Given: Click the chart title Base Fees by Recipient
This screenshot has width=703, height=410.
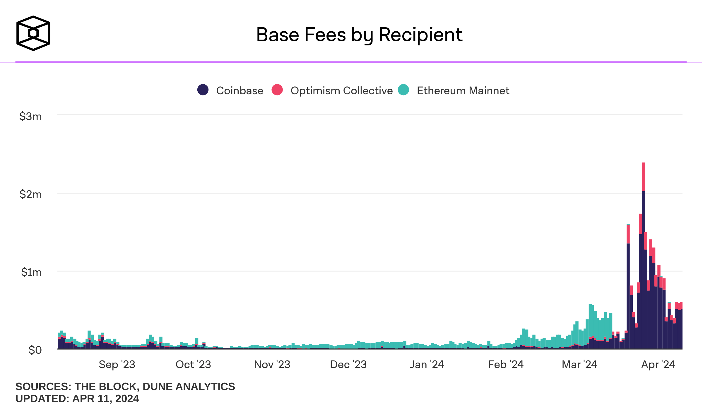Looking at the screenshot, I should pos(359,35).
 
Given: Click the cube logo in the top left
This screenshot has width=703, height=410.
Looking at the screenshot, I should pos(33,33).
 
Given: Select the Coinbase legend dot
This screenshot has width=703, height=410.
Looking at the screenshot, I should pos(203,90).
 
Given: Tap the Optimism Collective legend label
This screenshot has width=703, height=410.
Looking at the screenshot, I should pos(341,91).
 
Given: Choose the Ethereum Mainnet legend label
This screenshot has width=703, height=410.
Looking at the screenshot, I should pos(463,91).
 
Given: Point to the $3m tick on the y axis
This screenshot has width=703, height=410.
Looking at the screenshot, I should pos(30,117).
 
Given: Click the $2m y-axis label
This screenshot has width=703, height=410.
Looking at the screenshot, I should pos(30,194).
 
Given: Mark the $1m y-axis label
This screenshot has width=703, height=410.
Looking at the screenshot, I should pos(31,272).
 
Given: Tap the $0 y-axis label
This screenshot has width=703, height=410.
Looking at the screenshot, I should pos(35,350).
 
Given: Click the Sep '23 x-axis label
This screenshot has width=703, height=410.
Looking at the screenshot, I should pos(117,365).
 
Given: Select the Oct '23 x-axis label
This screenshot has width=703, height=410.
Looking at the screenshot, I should pos(193,365).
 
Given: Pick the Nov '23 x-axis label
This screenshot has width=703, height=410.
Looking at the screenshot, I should pos(272,365).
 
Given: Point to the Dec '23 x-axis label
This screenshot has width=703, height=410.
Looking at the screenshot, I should pos(348,365).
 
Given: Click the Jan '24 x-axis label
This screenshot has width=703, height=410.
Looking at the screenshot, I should pos(427,365).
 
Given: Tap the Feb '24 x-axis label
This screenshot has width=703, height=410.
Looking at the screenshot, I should pos(506,365).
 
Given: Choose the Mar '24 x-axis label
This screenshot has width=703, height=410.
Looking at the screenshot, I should pos(579,365).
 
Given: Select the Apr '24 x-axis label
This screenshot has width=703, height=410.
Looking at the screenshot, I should pos(658,365).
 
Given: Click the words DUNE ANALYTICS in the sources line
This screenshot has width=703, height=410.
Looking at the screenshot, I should pos(189,387).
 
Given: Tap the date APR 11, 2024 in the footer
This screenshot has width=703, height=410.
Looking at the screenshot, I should pos(106,399).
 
